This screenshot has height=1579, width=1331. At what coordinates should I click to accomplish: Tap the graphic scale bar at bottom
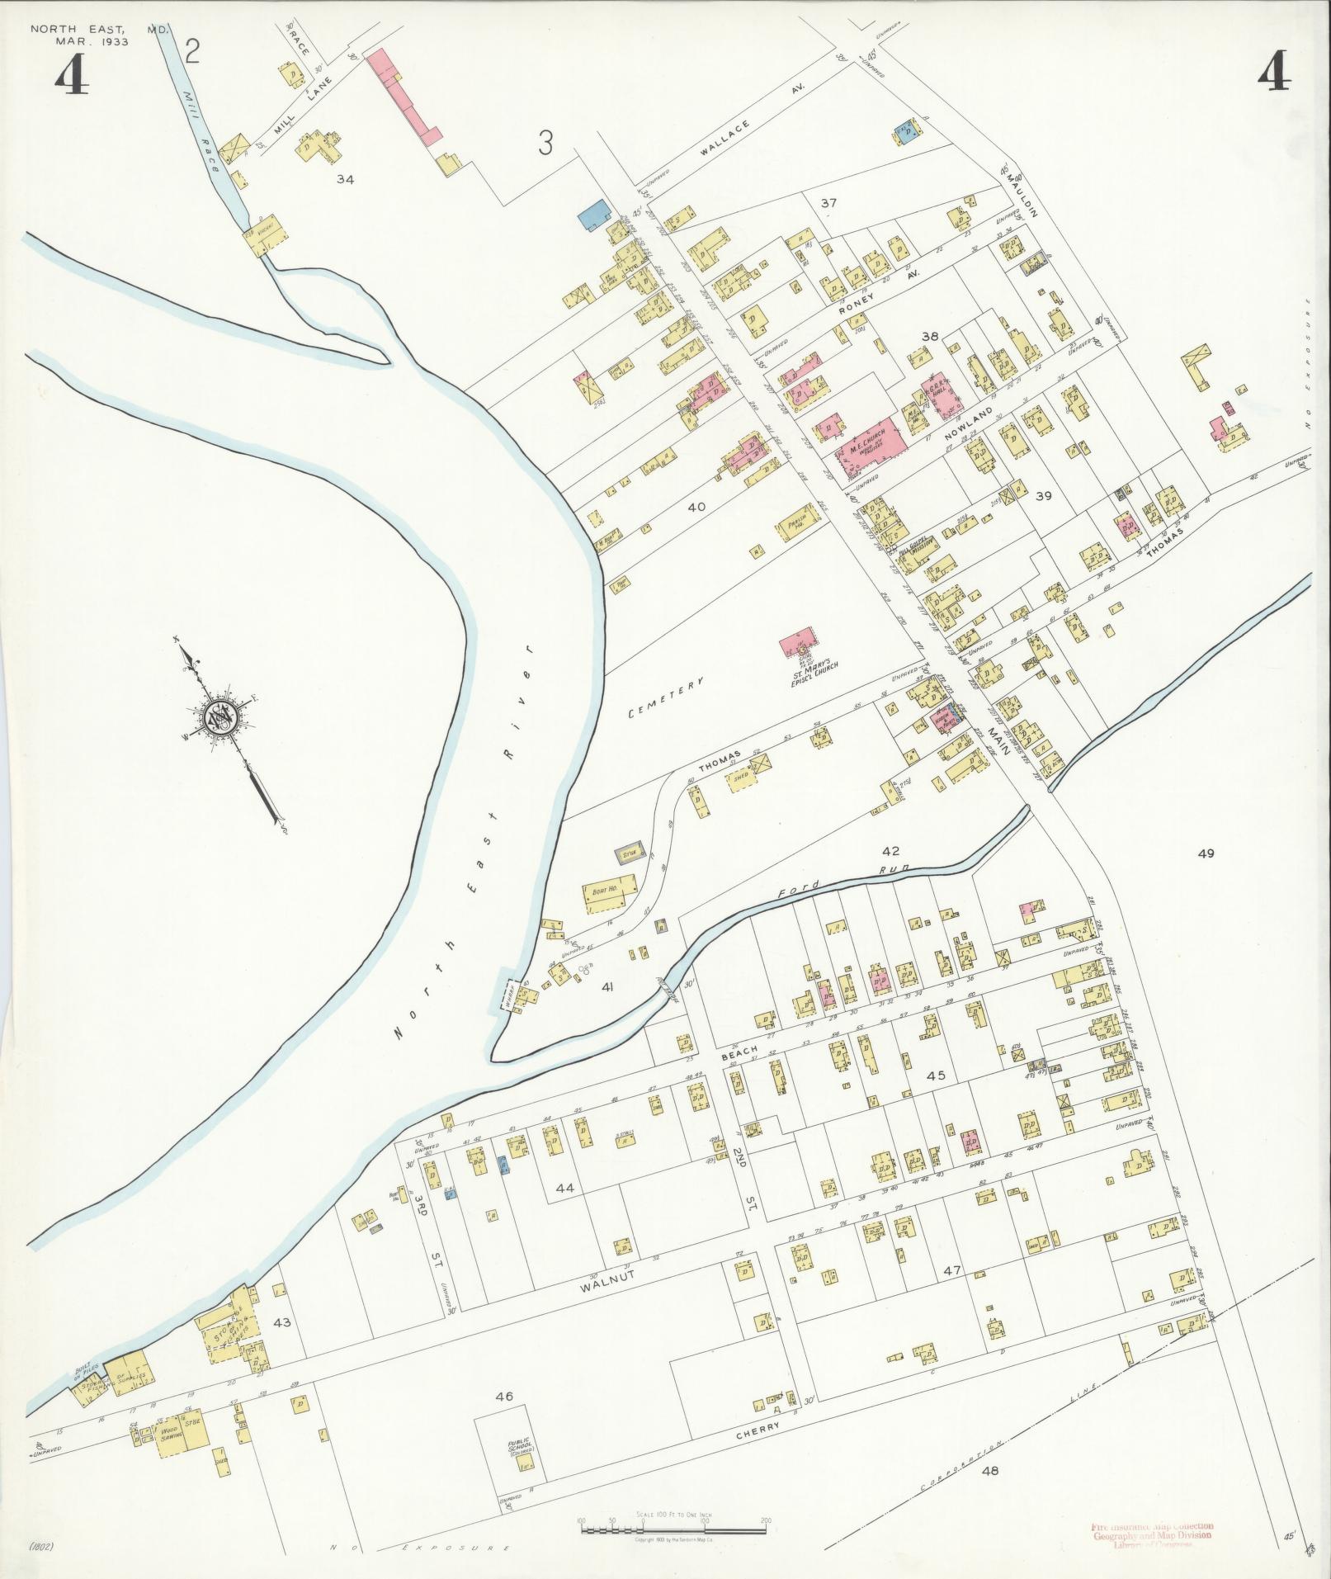click(674, 1529)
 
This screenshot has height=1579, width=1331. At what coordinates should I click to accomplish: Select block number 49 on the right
click(1206, 853)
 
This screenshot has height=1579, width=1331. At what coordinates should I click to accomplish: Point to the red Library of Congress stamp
click(1152, 1555)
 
